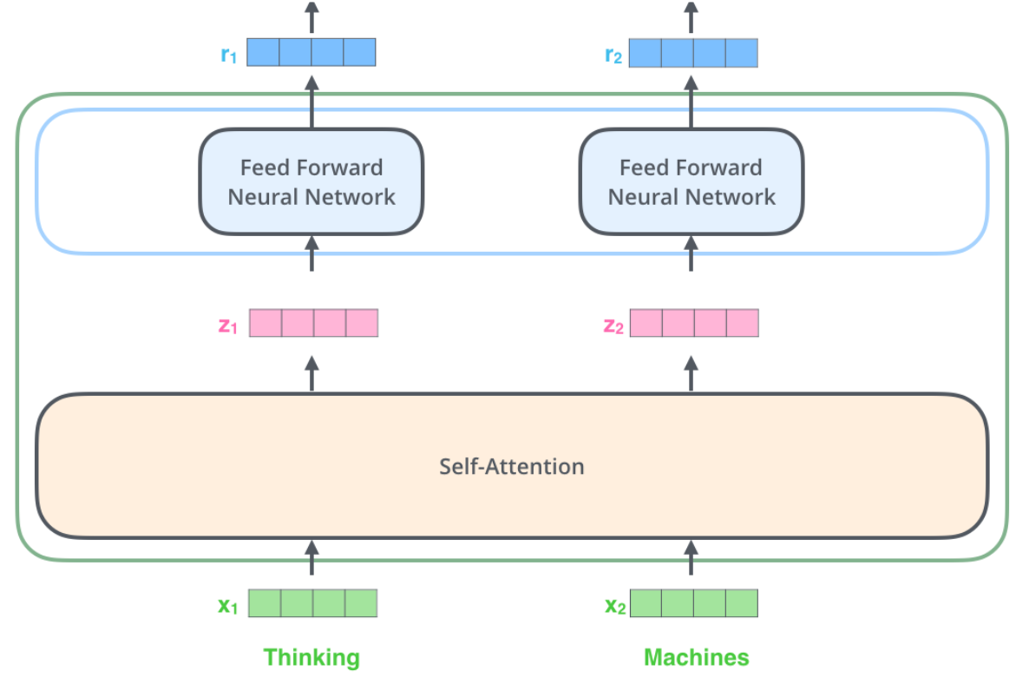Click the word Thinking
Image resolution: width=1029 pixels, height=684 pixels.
[x=311, y=657]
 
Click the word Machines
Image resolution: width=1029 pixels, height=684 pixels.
[x=696, y=657]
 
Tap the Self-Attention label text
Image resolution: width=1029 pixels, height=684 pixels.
[x=511, y=466]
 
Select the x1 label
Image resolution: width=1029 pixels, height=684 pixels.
[x=227, y=606]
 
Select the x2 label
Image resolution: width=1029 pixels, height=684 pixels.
[x=614, y=606]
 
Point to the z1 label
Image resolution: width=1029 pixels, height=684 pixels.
[x=226, y=326]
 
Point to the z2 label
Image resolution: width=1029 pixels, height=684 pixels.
[x=613, y=326]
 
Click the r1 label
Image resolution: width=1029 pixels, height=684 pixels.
[x=227, y=55]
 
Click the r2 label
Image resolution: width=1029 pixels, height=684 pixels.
[x=613, y=55]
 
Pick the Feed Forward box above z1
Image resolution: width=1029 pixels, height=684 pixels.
[x=311, y=181]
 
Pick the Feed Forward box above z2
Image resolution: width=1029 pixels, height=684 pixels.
[x=691, y=181]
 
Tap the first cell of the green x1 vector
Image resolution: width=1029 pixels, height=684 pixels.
[x=265, y=603]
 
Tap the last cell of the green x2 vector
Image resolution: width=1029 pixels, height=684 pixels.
[x=742, y=603]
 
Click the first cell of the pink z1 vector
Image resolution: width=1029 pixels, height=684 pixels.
[x=265, y=323]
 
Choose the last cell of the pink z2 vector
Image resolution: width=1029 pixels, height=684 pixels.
[x=742, y=323]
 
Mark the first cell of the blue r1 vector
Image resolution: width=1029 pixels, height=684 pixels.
[x=263, y=53]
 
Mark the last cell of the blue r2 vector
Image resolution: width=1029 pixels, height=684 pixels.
[x=741, y=53]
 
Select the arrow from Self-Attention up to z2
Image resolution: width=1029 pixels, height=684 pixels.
[x=691, y=373]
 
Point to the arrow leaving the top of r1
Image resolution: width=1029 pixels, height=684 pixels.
[x=312, y=17]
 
